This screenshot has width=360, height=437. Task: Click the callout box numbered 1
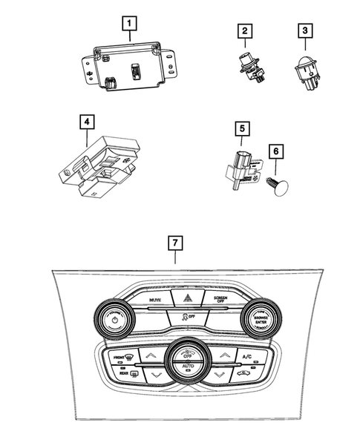pos(129,25)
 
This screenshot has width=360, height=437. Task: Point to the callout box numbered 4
pos(87,120)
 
